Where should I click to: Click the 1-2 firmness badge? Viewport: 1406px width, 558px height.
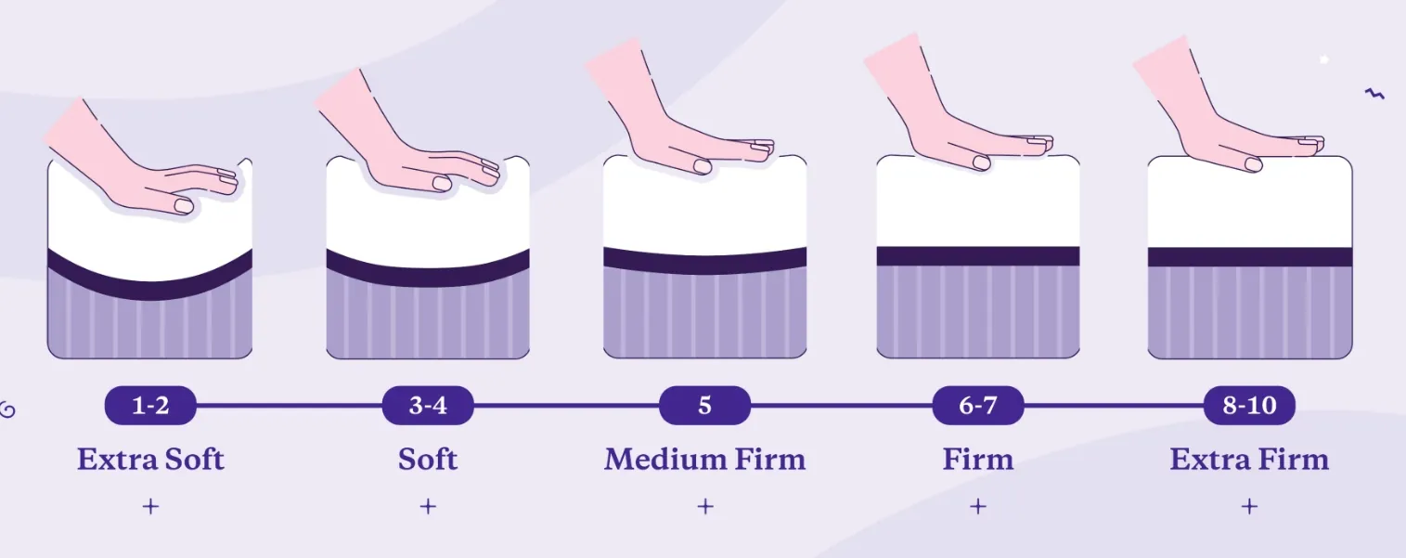point(149,406)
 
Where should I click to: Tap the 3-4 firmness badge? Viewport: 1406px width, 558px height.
point(428,406)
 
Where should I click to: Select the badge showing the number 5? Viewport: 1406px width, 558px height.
point(704,406)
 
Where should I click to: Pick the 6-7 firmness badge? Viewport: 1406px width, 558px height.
point(978,406)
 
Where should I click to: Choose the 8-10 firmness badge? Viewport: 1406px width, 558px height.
point(1249,406)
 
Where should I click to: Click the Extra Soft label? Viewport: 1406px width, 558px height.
point(150,459)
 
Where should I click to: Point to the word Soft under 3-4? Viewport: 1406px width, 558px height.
point(428,459)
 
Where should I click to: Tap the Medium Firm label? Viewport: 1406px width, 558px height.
point(704,459)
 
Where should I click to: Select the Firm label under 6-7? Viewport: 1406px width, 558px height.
point(978,459)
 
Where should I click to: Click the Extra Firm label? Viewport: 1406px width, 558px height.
point(1249,459)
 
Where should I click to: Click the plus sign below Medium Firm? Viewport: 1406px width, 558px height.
point(704,506)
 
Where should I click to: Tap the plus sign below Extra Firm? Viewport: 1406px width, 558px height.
point(1249,506)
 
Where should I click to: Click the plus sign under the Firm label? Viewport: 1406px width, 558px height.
point(977,506)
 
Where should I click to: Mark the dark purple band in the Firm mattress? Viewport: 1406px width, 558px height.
point(978,256)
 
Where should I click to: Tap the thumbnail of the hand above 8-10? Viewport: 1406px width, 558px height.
point(1253,164)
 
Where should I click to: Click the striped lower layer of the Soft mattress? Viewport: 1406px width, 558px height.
point(428,320)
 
